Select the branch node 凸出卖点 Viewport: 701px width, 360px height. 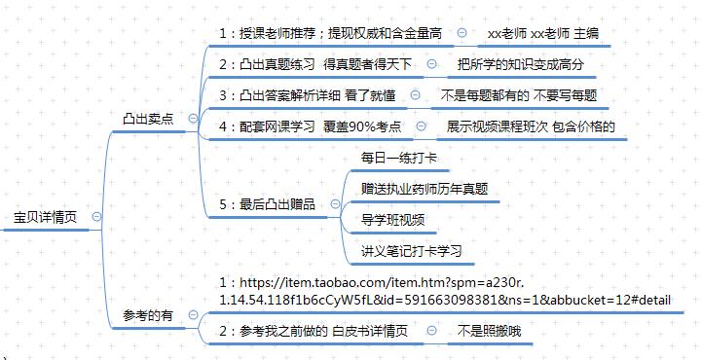tap(148, 118)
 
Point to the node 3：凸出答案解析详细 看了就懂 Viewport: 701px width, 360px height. tap(308, 96)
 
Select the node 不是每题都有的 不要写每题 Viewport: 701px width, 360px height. tap(519, 96)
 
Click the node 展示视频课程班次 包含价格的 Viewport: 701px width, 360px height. tap(531, 126)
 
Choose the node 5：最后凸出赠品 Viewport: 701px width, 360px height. tap(267, 204)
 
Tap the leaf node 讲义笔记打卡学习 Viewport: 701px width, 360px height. tap(411, 250)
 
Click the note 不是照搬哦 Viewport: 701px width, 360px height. tap(490, 332)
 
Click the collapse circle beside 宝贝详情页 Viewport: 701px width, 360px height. tap(96, 216)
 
